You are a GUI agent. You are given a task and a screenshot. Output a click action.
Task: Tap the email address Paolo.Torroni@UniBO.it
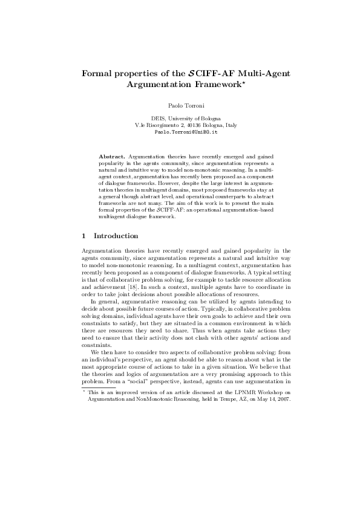180,131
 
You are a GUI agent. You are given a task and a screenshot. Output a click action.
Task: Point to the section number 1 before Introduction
83,235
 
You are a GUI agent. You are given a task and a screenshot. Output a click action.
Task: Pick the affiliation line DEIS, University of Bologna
180,118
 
